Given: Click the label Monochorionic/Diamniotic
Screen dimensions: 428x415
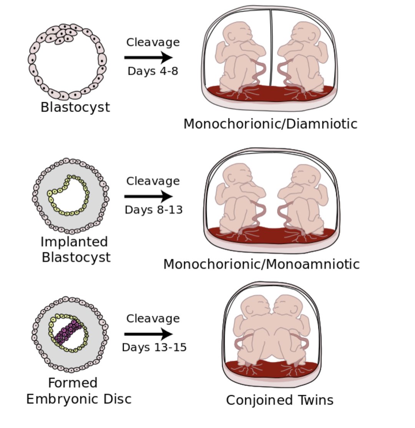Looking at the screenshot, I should tap(270, 124).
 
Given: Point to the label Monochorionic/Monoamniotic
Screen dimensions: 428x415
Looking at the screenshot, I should tap(261, 264).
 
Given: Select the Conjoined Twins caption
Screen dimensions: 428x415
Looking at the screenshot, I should tap(279, 400).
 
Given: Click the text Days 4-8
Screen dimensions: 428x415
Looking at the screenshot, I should tap(153, 71).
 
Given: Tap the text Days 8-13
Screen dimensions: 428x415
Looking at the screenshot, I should tap(153, 210).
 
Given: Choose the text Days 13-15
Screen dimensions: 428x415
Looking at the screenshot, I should tap(154, 347).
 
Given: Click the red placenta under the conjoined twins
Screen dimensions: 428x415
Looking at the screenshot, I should tap(271, 369).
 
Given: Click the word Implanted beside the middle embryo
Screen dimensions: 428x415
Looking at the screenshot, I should tap(74, 242).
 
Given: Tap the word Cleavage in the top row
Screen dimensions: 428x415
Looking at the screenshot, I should tap(153, 42).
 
